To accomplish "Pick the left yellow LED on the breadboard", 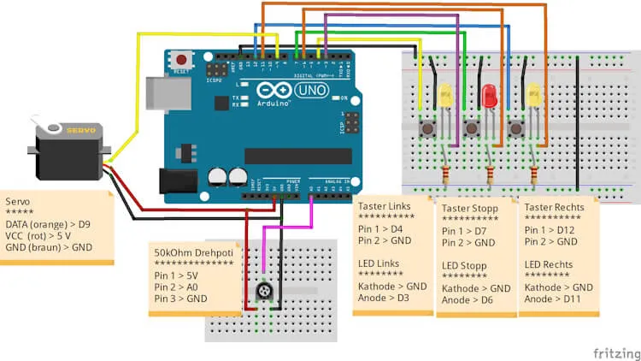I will point(444,95).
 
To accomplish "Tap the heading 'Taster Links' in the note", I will point(383,206).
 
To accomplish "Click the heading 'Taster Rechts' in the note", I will point(555,207).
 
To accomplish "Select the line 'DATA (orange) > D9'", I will point(50,224).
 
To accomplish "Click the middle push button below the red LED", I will point(471,128).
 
